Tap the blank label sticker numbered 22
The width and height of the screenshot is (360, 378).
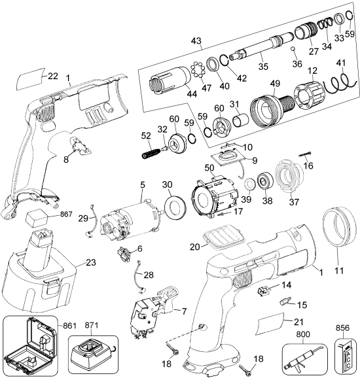29,80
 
